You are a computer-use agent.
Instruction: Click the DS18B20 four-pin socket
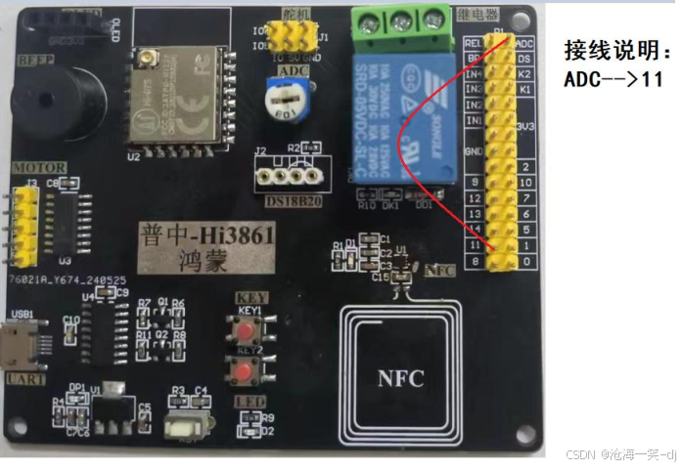[288, 176]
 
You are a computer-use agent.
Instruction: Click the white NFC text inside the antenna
[401, 378]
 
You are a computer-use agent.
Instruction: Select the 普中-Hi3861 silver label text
[205, 234]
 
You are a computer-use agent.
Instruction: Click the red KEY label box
[249, 296]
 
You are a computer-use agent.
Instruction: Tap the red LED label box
[245, 402]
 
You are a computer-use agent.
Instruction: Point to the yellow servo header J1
[290, 36]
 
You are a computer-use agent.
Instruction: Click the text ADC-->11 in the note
[613, 80]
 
